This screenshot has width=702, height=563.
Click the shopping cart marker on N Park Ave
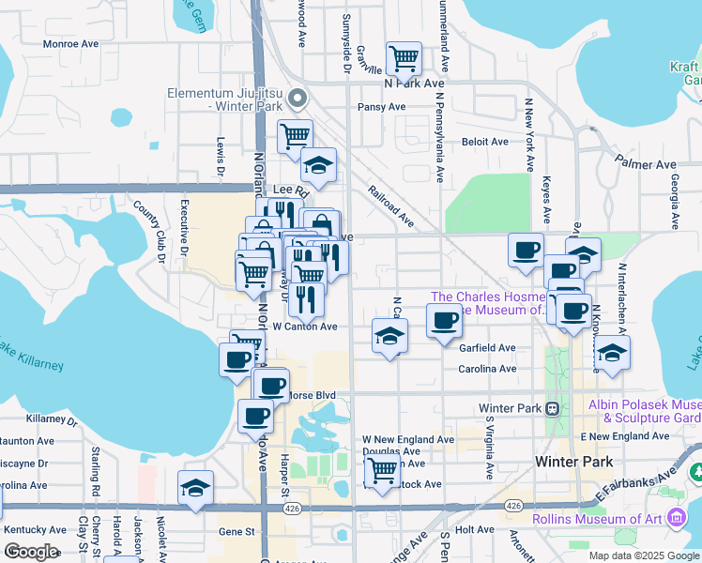(404, 58)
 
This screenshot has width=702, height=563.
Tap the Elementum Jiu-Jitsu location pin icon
(298, 98)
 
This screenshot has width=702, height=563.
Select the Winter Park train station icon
(554, 408)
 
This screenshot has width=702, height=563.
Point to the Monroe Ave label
(72, 43)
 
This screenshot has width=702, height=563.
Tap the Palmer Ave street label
(648, 164)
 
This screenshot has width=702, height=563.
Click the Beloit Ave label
(484, 142)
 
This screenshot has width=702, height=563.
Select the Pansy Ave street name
(381, 107)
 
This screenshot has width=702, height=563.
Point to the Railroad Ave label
(392, 207)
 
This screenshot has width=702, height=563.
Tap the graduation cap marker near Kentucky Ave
(195, 488)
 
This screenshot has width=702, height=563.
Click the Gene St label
(237, 531)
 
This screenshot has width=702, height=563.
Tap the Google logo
(31, 551)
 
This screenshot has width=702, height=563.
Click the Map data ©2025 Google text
(643, 555)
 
